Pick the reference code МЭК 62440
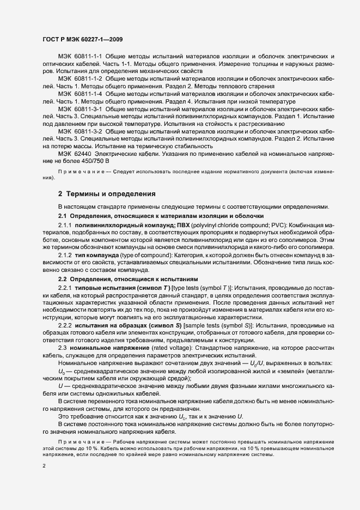click(x=72, y=154)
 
